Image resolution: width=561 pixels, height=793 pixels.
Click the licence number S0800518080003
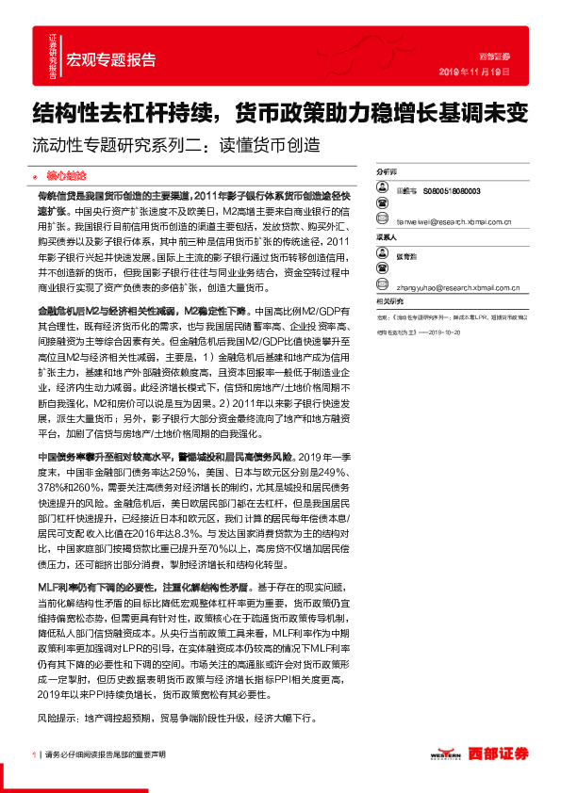click(453, 189)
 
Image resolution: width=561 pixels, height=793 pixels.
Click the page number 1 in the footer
click(33, 754)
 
